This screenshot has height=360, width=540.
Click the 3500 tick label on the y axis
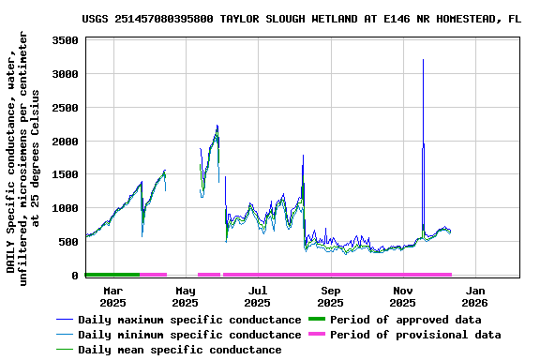tap(64, 40)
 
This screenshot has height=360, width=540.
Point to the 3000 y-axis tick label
tap(64, 74)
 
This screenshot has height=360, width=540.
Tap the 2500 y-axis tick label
tap(64, 108)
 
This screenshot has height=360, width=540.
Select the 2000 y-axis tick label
tap(64, 142)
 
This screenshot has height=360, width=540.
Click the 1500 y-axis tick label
tap(64, 175)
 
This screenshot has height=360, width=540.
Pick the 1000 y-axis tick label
tap(64, 208)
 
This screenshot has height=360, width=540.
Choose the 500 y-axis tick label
tap(67, 242)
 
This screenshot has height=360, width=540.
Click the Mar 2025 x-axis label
tap(112, 296)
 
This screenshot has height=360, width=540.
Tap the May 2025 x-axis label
tap(185, 296)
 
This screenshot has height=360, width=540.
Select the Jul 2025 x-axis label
tap(257, 296)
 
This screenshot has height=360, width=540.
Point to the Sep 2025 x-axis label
tap(330, 296)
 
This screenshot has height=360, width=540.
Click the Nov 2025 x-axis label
tap(402, 296)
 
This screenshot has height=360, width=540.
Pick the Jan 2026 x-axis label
tap(474, 296)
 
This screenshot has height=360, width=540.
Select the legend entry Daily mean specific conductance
tap(179, 350)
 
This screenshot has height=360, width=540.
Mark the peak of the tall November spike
tap(423, 60)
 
